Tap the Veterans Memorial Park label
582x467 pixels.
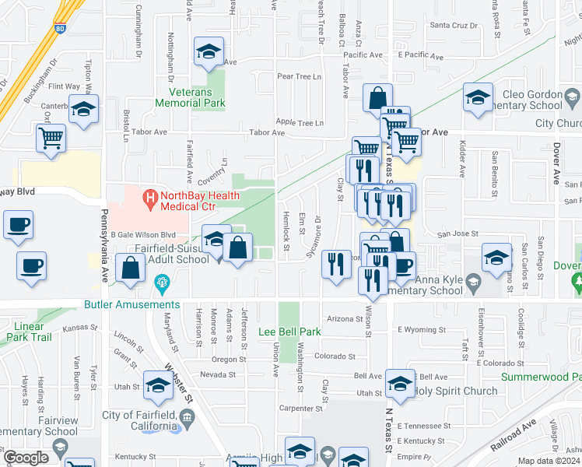(x=191, y=97)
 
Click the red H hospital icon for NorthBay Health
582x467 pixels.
(x=149, y=200)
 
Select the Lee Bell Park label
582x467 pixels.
(x=289, y=332)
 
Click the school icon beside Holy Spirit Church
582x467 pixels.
(x=400, y=385)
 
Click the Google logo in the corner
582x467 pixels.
(x=26, y=458)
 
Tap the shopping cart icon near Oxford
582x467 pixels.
(x=51, y=139)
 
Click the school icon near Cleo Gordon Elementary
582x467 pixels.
(x=478, y=101)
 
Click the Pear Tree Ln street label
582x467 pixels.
(x=300, y=76)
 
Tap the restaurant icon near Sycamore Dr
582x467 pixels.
(x=336, y=265)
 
